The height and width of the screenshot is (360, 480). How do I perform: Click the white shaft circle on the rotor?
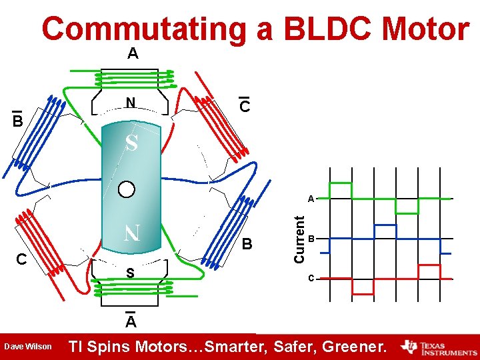tap(127, 189)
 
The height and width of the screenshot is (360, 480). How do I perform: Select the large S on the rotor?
tap(132, 143)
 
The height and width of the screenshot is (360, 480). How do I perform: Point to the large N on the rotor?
tap(131, 233)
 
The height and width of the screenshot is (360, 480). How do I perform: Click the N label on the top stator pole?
tap(131, 103)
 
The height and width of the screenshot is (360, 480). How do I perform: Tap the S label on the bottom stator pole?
tap(131, 273)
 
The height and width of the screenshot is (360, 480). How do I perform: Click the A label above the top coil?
tap(133, 54)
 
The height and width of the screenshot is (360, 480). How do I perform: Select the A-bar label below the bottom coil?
tap(131, 322)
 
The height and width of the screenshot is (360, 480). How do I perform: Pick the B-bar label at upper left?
tap(18, 120)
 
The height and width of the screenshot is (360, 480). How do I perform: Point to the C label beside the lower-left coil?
tap(21, 259)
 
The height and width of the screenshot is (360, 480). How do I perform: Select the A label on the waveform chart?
tap(311, 199)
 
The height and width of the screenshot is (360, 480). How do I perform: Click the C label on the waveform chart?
tap(311, 278)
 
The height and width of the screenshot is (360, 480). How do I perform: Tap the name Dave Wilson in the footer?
tap(28, 347)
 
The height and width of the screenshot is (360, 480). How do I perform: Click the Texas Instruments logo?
tap(439, 347)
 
